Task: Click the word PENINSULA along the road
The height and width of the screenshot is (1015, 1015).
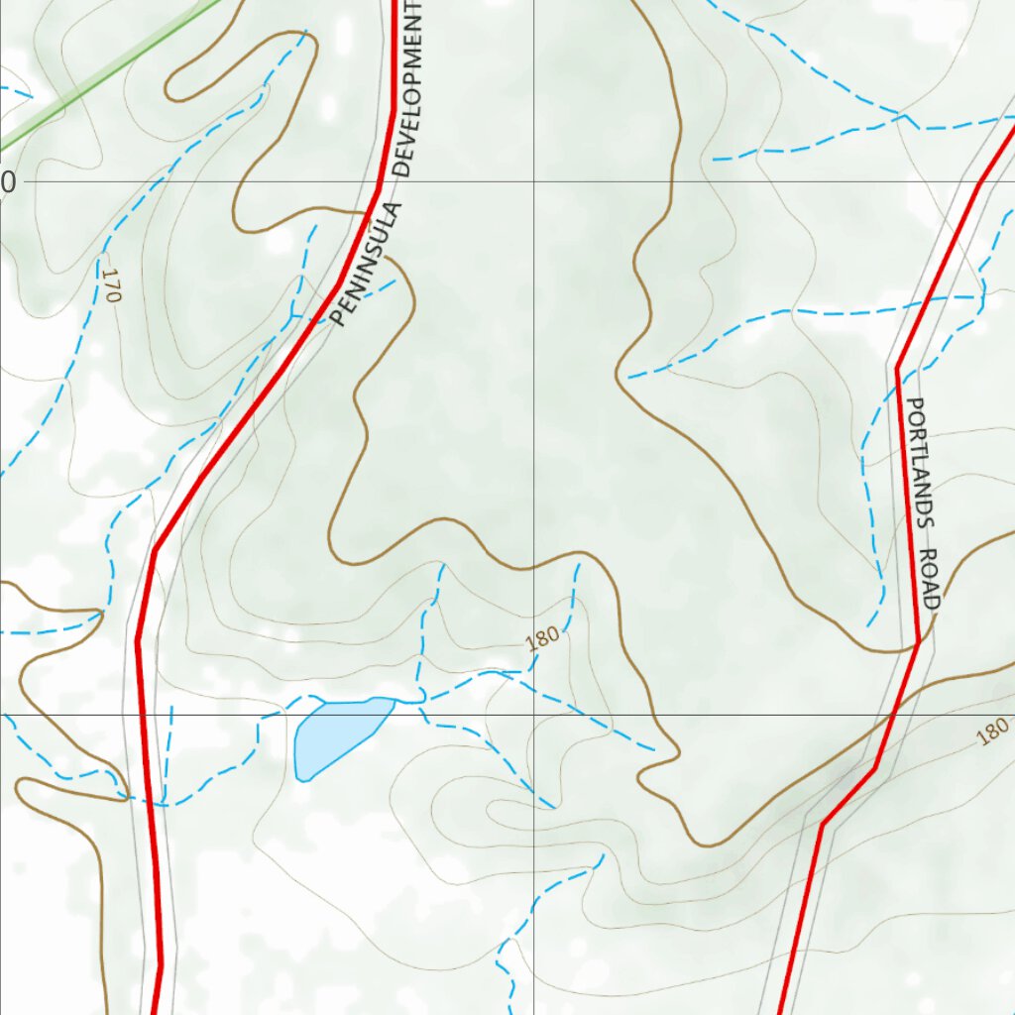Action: [x=368, y=265]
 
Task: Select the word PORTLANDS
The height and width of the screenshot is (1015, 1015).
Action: [x=920, y=460]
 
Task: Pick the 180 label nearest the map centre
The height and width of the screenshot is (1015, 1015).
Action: [x=542, y=637]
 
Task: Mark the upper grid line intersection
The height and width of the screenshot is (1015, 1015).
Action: [x=533, y=181]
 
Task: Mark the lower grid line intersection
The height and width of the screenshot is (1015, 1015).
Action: [x=533, y=714]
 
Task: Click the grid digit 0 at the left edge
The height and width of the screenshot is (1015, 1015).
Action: [x=8, y=182]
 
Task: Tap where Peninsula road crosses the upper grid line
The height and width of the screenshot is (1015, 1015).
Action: [x=381, y=181]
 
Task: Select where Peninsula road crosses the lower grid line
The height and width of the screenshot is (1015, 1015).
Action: [x=145, y=714]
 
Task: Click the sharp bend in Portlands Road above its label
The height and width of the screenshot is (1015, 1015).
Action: [x=898, y=369]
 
